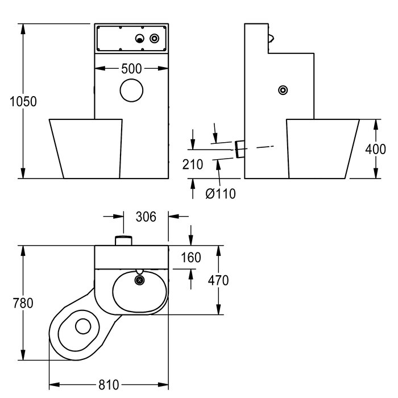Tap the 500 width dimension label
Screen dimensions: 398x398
131,69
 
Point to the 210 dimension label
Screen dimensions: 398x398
193,165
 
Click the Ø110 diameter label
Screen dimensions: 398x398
221,193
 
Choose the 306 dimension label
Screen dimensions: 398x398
146,216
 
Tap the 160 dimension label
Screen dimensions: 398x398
190,258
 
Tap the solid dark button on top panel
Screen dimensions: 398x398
140,38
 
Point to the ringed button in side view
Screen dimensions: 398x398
283,90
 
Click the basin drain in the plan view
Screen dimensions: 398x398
139,280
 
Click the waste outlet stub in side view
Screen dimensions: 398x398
239,150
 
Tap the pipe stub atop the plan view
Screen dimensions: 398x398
124,240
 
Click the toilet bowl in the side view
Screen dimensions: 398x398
322,147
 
